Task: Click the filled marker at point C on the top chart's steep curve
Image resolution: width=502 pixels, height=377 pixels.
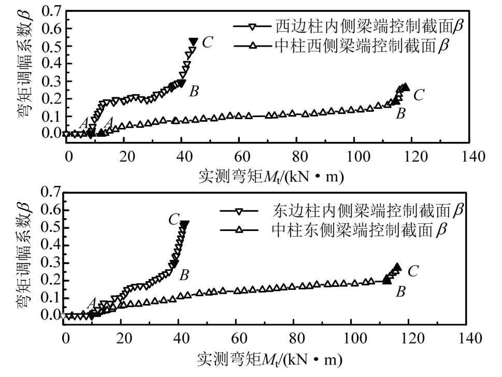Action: coord(193,41)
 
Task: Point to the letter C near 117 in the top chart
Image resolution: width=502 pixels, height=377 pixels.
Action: coord(419,95)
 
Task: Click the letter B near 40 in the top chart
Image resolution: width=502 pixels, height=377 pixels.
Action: coord(194,92)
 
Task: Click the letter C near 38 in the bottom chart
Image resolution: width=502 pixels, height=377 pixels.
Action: coord(174,220)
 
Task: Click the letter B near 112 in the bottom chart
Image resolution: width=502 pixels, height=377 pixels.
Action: coord(400,292)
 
